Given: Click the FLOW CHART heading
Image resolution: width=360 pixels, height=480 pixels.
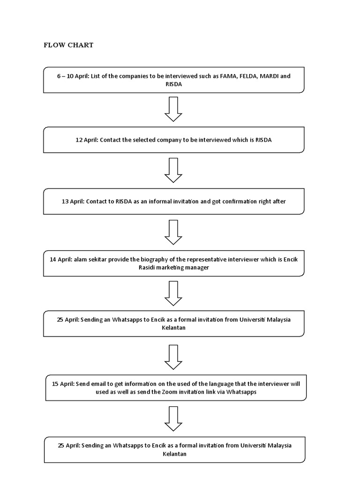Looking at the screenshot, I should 68,45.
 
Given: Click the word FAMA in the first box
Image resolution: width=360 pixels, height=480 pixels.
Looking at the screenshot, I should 229,76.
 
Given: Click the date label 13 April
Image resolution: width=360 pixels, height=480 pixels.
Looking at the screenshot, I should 73,202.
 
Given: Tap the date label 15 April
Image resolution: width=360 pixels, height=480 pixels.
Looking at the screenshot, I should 63,383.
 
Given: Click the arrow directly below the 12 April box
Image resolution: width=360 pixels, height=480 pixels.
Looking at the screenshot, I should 173,170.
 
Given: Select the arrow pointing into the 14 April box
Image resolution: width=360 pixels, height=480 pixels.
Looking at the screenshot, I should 173,232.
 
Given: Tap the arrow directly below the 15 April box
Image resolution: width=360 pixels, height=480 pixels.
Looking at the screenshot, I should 173,419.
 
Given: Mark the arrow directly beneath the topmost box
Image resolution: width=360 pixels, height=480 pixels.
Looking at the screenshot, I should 173,109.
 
